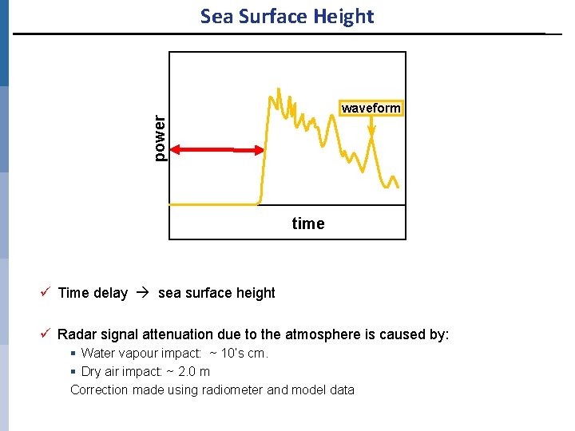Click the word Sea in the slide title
click(x=216, y=17)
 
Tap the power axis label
click(x=160, y=137)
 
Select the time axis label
click(x=308, y=224)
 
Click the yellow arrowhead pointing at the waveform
click(x=371, y=141)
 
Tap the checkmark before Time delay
click(x=47, y=292)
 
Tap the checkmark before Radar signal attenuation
click(x=47, y=334)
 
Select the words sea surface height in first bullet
click(x=216, y=293)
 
